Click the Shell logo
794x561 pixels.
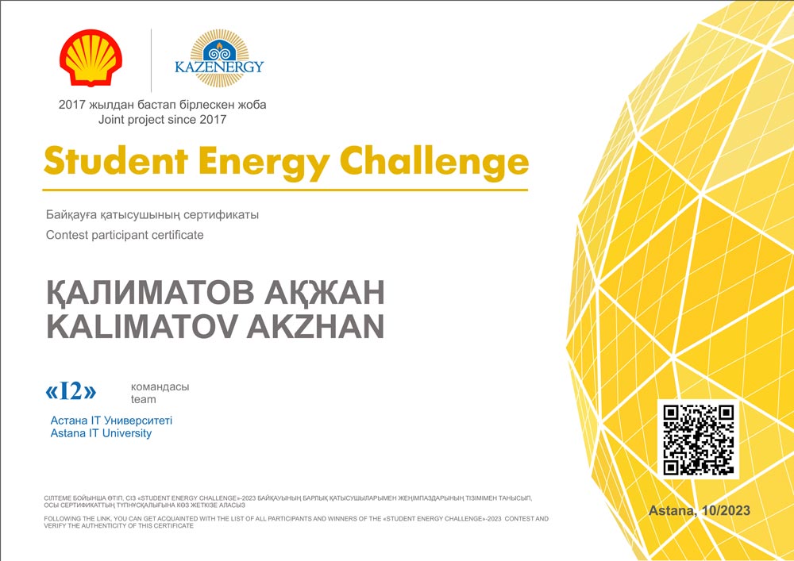click(91, 58)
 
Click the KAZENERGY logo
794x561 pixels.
click(219, 58)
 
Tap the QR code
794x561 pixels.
click(698, 439)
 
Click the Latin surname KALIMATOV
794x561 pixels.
click(141, 327)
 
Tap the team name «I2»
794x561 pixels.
click(71, 391)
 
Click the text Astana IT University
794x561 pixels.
click(101, 433)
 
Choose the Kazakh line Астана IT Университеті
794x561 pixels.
click(111, 420)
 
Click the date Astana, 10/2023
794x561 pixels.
click(700, 510)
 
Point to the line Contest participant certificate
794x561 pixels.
click(125, 235)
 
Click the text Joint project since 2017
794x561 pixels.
click(162, 120)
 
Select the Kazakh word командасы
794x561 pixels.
click(160, 387)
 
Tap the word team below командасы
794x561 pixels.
click(143, 399)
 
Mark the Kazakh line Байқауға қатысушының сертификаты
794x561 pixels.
click(152, 215)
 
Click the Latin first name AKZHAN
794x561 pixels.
click(315, 327)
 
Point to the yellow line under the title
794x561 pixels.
click(285, 190)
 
